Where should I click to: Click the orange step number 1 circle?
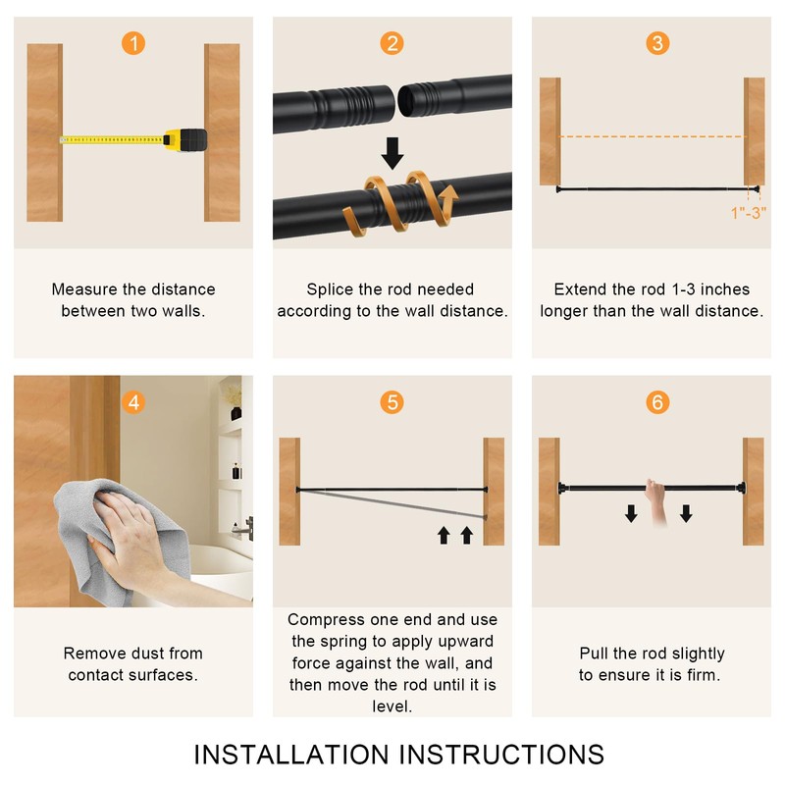133,43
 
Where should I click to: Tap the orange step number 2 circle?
392,43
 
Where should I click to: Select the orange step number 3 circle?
657,43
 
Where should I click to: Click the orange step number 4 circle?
133,402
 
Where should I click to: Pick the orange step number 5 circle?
392,402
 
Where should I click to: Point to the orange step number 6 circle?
657,402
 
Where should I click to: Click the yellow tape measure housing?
185,139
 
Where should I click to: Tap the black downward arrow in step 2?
392,153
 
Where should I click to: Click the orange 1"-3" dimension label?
749,213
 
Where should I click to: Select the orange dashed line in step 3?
652,136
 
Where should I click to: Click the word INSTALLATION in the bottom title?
291,755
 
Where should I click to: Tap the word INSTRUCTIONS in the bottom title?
501,755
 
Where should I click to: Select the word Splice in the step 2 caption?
330,289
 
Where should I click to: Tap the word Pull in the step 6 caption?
595,654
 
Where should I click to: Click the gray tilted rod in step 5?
391,504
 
